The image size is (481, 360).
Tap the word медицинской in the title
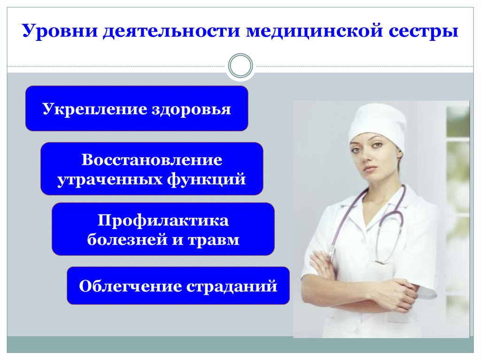[x=314, y=31]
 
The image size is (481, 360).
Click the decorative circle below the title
[x=240, y=55]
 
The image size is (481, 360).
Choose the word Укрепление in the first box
[x=94, y=109]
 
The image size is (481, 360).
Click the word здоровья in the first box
[x=192, y=109]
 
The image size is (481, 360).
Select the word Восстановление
[x=152, y=160]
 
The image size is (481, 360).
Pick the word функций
[x=207, y=179]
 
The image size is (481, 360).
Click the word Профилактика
[x=163, y=221]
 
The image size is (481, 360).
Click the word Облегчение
[x=131, y=286]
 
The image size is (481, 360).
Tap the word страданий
[x=232, y=286]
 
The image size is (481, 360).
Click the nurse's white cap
[x=378, y=124]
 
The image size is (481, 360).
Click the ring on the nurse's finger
[x=327, y=268]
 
